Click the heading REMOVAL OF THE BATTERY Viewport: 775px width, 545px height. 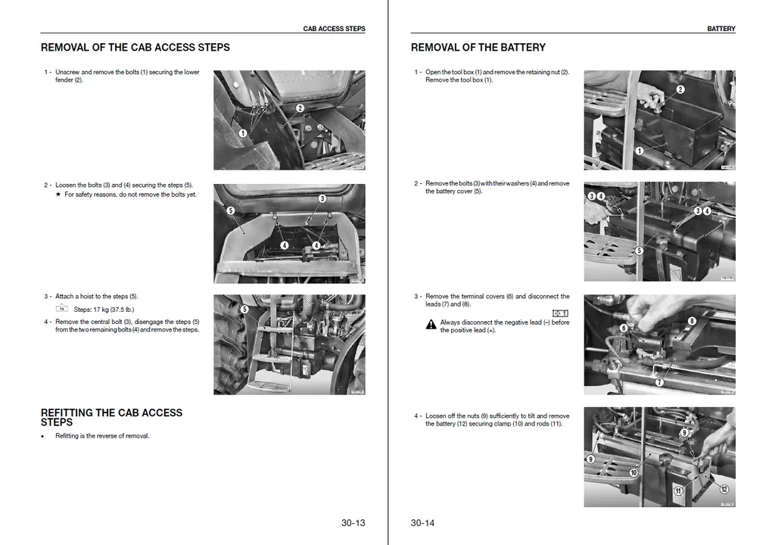[478, 47]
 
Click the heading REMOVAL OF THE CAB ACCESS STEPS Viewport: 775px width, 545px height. [135, 47]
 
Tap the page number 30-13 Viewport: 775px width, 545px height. [353, 522]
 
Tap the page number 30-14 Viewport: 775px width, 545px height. [422, 522]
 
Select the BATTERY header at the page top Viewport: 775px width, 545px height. [721, 29]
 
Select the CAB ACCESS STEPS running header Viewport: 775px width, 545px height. [334, 29]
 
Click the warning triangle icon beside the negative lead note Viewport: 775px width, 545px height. [431, 325]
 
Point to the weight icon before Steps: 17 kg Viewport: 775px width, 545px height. [62, 308]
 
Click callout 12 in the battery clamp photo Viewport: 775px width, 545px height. [724, 490]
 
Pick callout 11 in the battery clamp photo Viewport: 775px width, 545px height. [678, 491]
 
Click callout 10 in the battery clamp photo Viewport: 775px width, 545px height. [633, 472]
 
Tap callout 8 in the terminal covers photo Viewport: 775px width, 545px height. [692, 321]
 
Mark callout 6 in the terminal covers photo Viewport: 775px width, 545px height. [624, 328]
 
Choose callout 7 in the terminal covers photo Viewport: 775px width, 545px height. [659, 382]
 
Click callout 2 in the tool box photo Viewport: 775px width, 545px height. [680, 89]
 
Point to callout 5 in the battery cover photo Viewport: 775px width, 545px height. [639, 251]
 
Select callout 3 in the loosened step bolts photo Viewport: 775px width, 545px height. [322, 199]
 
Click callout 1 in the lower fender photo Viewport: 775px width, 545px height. [242, 133]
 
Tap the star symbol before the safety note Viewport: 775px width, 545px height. [58, 195]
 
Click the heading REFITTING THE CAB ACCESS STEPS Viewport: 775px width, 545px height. [111, 417]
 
